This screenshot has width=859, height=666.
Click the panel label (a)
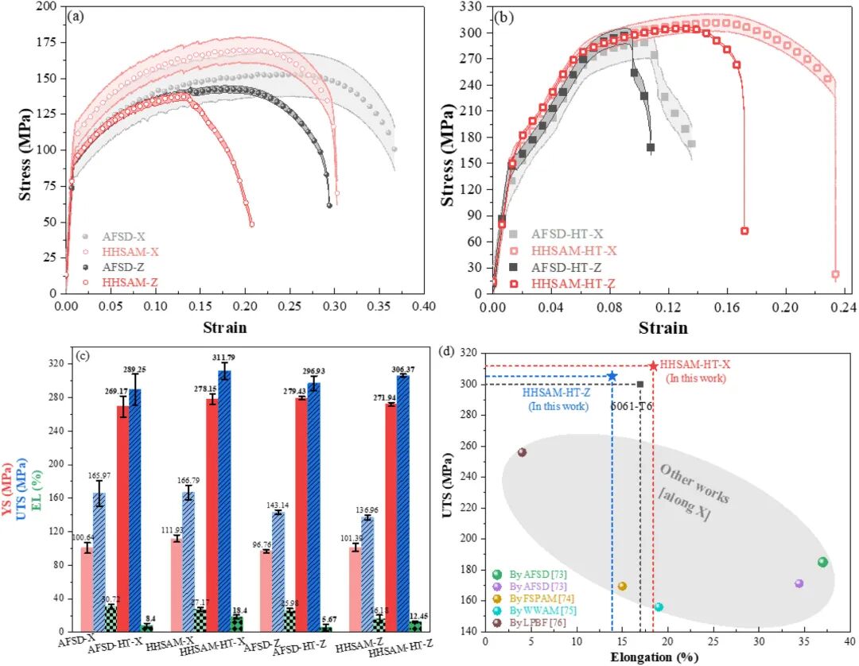76,15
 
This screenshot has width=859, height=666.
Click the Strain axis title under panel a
224,327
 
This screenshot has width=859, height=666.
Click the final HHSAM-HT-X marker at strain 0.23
835,274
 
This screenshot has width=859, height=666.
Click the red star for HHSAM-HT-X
654,366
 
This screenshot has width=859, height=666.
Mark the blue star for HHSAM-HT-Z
612,376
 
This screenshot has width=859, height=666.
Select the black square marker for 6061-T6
640,385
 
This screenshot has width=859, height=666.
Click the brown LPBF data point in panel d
522,452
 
